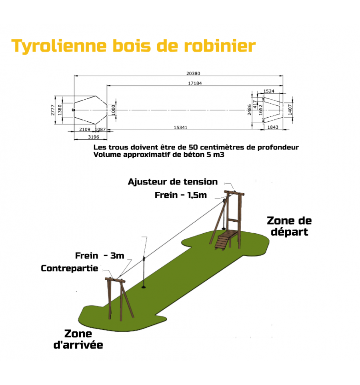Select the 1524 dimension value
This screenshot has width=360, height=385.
pos(269,91)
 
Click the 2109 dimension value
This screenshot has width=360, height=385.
pos(84,129)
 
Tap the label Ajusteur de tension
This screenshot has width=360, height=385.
pos(173,182)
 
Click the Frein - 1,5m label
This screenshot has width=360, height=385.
pos(180,195)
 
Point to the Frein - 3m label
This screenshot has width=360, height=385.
pos(100,256)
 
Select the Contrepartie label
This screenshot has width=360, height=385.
pos(70,268)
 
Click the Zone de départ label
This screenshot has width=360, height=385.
pos(289,226)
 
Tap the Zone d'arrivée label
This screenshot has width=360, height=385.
pos(78,339)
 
